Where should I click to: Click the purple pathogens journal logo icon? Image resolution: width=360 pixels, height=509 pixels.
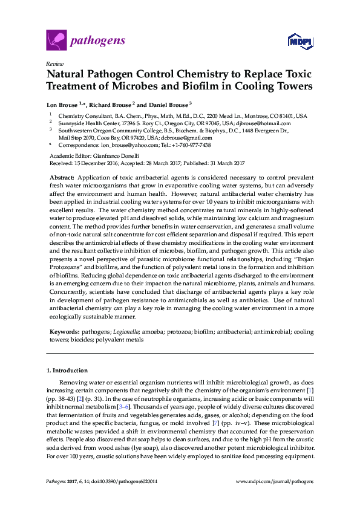56,41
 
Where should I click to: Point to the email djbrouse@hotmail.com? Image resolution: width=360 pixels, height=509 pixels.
277,123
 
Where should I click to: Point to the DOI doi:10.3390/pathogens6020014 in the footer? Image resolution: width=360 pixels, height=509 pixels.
121,482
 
